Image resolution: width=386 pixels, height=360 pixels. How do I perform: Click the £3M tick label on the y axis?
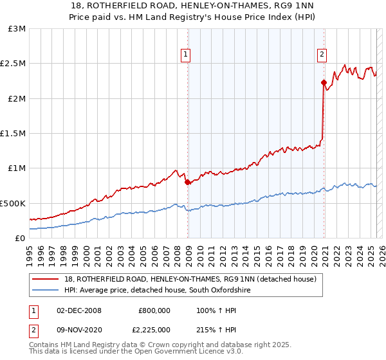(17, 29)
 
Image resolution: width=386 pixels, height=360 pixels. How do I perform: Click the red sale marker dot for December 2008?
(187, 183)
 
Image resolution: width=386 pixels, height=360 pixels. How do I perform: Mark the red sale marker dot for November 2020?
(324, 82)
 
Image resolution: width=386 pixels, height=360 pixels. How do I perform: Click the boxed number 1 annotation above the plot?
(185, 55)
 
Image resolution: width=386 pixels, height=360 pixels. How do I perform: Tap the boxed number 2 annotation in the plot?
(321, 55)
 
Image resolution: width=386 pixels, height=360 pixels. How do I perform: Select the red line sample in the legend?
(46, 280)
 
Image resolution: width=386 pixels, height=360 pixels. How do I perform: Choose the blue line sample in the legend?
(46, 291)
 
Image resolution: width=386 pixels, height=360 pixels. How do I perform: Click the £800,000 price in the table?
(154, 310)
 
